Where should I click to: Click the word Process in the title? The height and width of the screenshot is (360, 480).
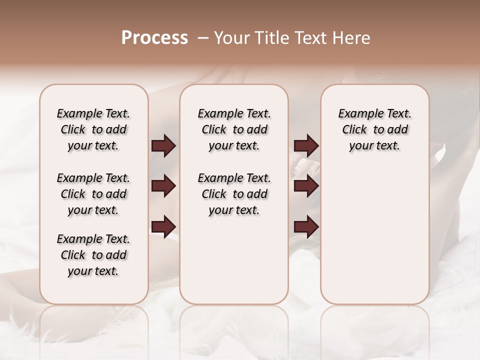154,38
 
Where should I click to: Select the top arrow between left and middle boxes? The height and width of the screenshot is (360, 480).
163,146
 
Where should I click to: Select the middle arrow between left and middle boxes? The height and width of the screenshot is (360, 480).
163,186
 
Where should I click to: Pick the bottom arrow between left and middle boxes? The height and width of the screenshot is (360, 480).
163,226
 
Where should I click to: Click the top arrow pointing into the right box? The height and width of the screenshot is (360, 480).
306,146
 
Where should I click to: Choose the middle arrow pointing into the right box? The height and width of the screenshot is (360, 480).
306,186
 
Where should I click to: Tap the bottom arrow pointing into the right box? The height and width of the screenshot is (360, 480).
306,227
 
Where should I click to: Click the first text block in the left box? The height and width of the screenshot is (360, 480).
93,129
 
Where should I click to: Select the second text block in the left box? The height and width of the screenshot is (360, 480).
93,194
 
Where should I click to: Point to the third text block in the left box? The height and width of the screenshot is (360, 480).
93,255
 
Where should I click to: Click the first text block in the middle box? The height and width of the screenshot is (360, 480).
234,129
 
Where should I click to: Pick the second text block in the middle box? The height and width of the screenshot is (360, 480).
234,194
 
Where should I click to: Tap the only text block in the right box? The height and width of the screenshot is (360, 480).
374,129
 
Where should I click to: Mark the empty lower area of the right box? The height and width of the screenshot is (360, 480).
374,235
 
